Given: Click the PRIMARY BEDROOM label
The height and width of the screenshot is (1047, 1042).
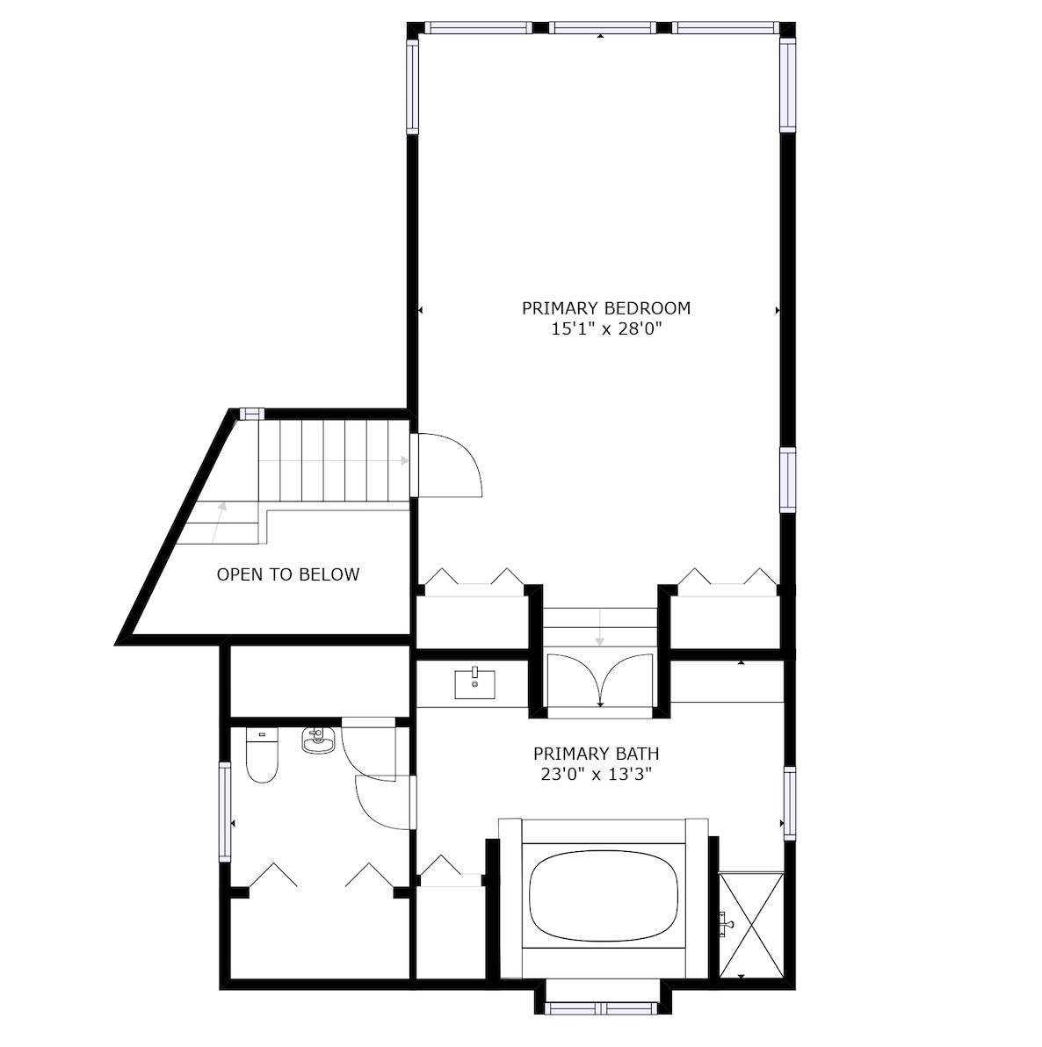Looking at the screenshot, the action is [x=606, y=308].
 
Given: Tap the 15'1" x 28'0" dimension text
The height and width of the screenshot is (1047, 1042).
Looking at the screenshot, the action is [x=606, y=329].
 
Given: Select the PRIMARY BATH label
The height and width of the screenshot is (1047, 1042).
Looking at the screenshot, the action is [x=596, y=754].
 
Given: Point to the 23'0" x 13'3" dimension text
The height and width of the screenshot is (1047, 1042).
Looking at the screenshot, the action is [x=596, y=775].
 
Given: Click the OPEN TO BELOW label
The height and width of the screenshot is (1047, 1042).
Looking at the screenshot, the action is [x=288, y=575].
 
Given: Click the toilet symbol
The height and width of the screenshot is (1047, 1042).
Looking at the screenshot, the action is [x=262, y=755].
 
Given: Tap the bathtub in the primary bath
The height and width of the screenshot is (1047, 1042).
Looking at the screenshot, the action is [x=604, y=896].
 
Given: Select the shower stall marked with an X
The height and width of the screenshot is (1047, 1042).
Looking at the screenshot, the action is [x=751, y=924].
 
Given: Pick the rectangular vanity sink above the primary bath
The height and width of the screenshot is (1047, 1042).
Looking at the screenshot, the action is [x=475, y=683].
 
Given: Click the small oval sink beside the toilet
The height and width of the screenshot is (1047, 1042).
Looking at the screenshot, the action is [x=318, y=740].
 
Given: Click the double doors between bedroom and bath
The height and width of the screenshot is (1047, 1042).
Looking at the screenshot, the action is [x=600, y=679].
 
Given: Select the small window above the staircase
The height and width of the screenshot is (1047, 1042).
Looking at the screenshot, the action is [x=252, y=414].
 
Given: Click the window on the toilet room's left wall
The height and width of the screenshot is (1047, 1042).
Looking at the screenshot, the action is [x=225, y=812].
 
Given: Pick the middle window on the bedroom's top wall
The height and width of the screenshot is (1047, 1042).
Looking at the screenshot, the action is [x=602, y=27].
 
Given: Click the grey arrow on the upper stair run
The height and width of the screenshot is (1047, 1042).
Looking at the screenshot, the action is [x=334, y=460].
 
